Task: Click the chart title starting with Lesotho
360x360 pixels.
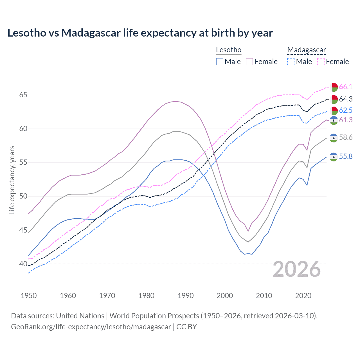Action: click(x=140, y=33)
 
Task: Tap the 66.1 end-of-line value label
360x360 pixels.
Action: click(x=346, y=87)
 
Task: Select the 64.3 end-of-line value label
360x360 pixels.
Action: click(x=346, y=99)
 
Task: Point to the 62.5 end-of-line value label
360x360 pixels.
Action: click(x=346, y=110)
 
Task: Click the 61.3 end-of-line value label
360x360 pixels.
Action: click(x=346, y=120)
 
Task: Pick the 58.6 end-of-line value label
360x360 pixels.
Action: click(x=346, y=137)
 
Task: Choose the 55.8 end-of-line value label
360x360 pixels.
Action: click(x=346, y=156)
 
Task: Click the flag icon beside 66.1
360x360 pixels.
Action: click(x=334, y=87)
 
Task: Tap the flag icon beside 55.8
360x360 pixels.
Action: click(x=334, y=157)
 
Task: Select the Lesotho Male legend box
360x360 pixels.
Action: click(x=220, y=62)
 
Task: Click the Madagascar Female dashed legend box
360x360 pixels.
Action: click(x=321, y=62)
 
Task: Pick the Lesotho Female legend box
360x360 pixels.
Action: click(x=249, y=62)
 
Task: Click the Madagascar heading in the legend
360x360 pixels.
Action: click(x=306, y=50)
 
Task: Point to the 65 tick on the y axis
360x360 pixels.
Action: click(x=23, y=95)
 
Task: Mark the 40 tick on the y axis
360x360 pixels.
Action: click(x=23, y=264)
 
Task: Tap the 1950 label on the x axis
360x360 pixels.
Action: click(x=29, y=296)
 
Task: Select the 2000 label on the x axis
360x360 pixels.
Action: click(x=225, y=296)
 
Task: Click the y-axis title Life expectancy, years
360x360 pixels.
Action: click(x=12, y=180)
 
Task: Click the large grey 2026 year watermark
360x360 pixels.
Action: click(x=297, y=269)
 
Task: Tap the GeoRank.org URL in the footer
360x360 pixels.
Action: click(x=91, y=327)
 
